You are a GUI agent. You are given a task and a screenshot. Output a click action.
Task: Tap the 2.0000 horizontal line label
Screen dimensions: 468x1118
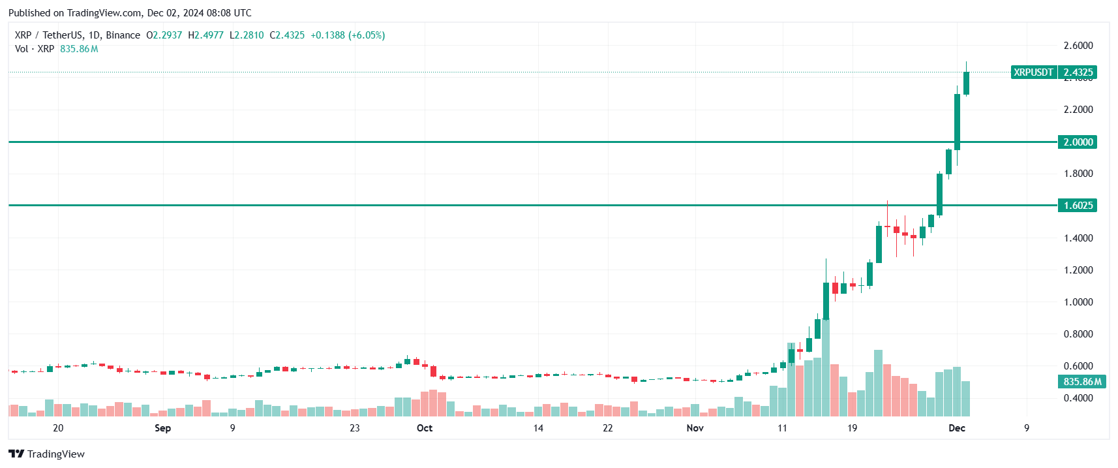[1078, 142]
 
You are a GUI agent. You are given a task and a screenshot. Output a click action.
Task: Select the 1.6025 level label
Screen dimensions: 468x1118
[1078, 206]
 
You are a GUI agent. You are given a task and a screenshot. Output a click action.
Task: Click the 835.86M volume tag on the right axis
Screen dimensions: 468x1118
[1082, 382]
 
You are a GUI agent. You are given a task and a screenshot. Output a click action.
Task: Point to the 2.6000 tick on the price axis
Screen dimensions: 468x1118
[1078, 46]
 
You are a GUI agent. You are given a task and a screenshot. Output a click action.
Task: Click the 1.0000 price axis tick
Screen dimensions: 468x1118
[1078, 302]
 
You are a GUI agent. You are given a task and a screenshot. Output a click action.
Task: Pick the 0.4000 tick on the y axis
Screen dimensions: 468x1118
[1078, 398]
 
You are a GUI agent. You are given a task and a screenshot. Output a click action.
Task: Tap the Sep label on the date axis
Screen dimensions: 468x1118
[162, 428]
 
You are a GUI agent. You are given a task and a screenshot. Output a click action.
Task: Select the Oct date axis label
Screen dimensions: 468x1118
[425, 428]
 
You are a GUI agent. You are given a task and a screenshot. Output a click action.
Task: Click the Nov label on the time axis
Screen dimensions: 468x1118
[695, 428]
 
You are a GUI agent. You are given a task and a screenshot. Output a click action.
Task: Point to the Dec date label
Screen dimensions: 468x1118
[957, 428]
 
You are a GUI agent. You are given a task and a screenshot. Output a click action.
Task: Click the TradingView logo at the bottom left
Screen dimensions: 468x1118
[46, 454]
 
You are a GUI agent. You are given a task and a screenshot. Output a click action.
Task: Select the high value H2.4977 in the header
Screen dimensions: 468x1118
[206, 35]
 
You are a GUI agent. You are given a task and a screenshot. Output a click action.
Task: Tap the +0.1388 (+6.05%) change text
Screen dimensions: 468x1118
[348, 35]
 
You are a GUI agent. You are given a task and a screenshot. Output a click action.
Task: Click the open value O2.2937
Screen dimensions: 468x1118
[164, 35]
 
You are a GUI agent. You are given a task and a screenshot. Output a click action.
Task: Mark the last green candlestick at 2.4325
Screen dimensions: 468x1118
[966, 83]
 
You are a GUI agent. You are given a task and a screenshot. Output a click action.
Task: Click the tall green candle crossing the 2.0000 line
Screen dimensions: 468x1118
[957, 122]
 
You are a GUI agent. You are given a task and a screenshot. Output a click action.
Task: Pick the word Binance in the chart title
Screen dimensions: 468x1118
[123, 35]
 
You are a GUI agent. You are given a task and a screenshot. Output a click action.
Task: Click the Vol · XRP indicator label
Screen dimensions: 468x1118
[35, 49]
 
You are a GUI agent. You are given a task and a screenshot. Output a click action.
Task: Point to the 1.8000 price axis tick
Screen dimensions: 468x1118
[1078, 174]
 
